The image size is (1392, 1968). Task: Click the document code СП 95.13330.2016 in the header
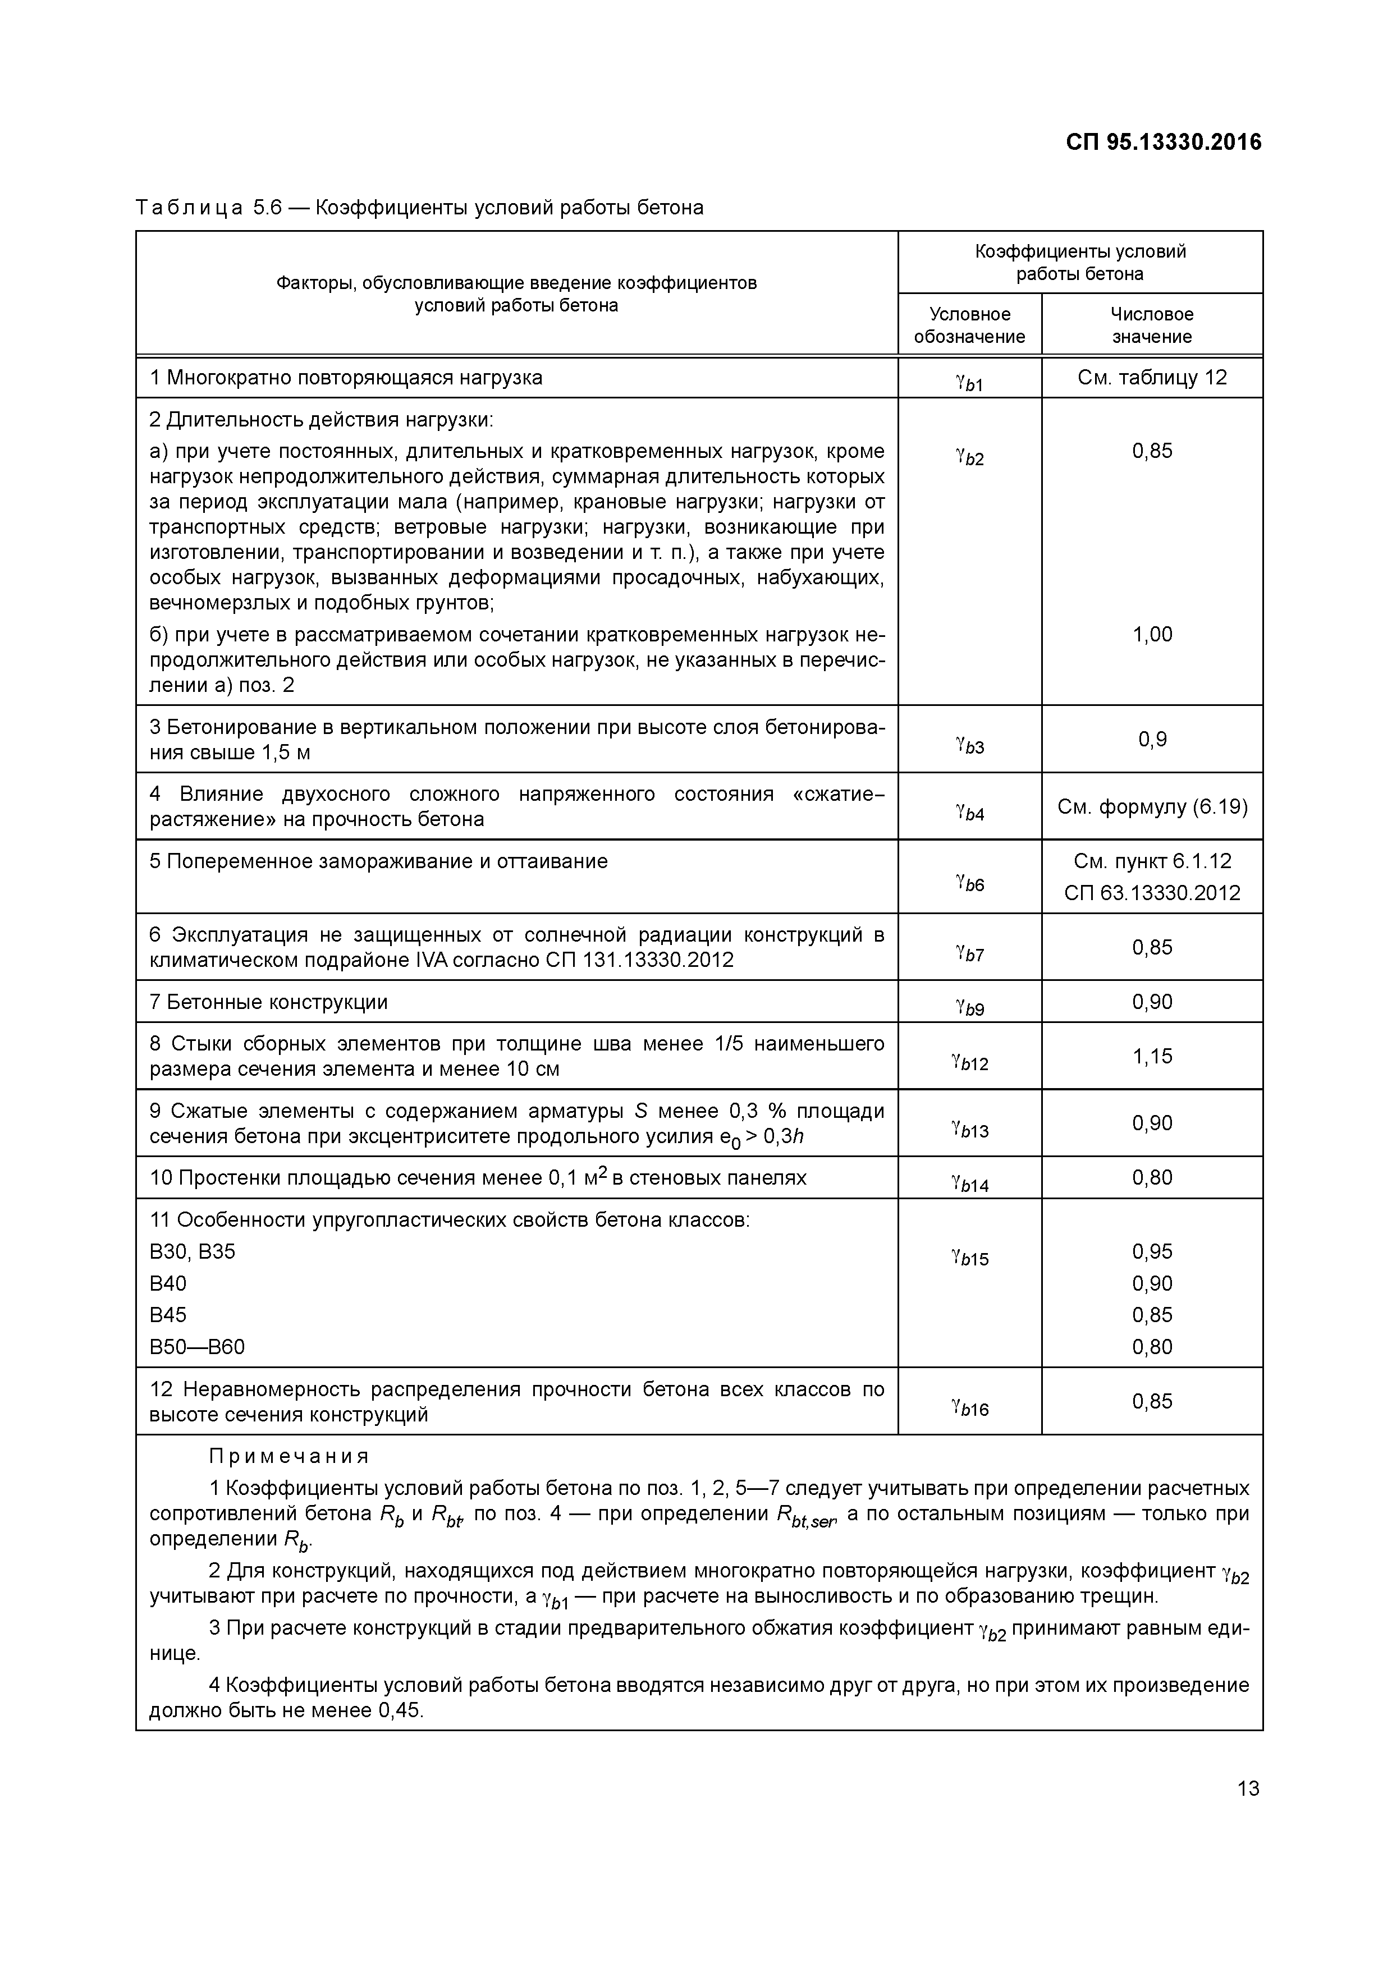pyautogui.click(x=1163, y=143)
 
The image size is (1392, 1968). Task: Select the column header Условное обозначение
pyautogui.click(x=969, y=325)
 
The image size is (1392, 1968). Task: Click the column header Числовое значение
pyautogui.click(x=1151, y=325)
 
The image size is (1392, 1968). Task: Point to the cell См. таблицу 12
pyautogui.click(x=1151, y=377)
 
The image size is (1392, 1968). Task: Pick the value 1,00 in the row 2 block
pyautogui.click(x=1151, y=634)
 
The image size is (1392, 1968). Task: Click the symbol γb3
pyautogui.click(x=969, y=745)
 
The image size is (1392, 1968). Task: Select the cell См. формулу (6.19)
pyautogui.click(x=1151, y=806)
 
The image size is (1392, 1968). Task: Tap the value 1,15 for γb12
pyautogui.click(x=1151, y=1056)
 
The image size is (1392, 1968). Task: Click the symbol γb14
pyautogui.click(x=969, y=1183)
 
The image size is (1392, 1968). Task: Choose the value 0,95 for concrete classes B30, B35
pyautogui.click(x=1151, y=1251)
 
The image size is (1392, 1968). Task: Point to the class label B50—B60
pyautogui.click(x=197, y=1347)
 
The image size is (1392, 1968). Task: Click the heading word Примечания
pyautogui.click(x=289, y=1456)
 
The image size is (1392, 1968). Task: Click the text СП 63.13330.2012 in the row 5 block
pyautogui.click(x=1151, y=893)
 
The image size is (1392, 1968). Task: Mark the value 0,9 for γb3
pyautogui.click(x=1151, y=739)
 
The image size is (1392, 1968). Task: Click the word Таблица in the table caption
pyautogui.click(x=189, y=208)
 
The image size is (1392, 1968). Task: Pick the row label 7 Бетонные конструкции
pyautogui.click(x=268, y=1002)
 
